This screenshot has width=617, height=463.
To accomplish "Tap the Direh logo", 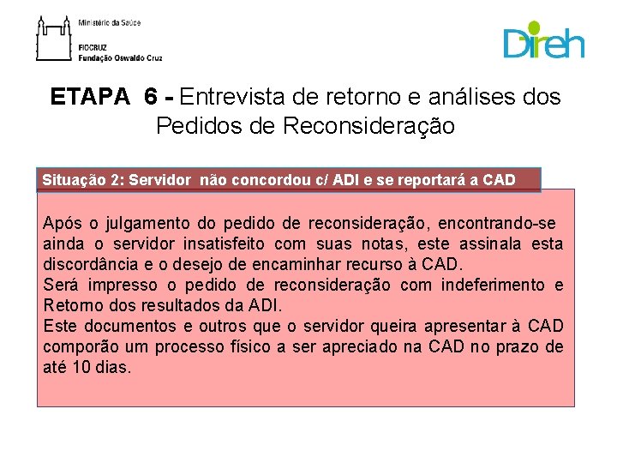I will coord(543,41).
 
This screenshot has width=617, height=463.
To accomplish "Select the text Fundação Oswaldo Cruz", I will coord(119,58).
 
